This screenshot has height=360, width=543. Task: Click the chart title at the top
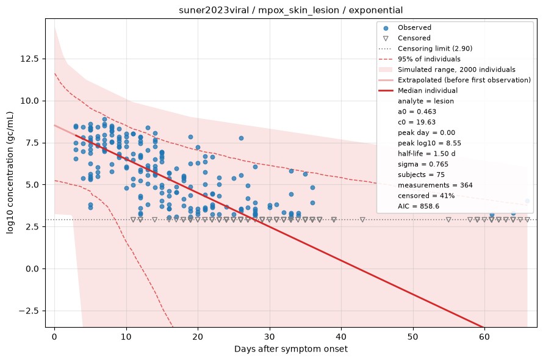290,10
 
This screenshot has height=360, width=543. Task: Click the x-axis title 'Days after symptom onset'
291,349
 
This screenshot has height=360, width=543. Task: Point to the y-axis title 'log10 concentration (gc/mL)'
10,173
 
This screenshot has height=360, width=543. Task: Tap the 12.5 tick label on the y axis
29,59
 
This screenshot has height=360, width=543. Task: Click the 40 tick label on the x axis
341,336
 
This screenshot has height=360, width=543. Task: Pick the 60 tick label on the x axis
484,336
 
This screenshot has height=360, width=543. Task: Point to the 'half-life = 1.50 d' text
426,154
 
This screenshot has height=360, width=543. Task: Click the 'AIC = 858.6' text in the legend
419,206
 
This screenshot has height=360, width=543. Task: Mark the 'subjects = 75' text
421,175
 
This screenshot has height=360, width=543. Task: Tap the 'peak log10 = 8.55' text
430,143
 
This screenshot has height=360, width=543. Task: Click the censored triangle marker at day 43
362,220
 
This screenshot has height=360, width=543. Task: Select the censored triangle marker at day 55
448,220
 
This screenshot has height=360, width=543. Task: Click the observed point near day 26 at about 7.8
241,139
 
